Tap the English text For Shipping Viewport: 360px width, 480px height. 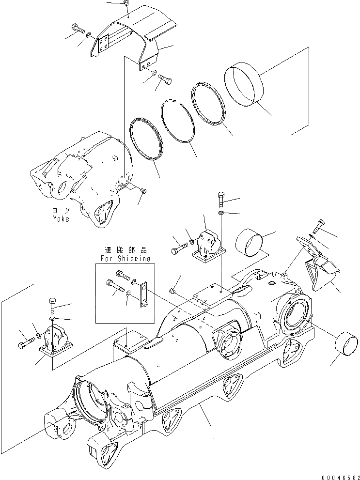pyautogui.click(x=125, y=259)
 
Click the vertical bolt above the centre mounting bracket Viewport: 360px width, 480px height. pyautogui.click(x=221, y=199)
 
